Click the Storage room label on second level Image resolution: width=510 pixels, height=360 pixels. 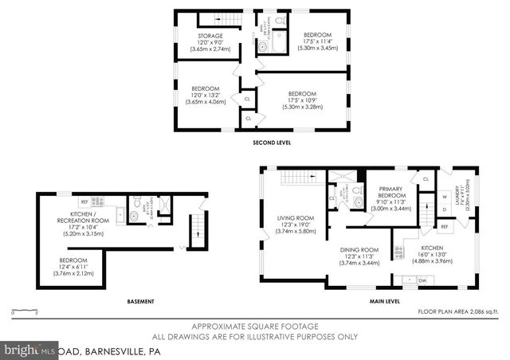[x=210, y=42]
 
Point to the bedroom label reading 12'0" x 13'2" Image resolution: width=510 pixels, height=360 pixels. [x=205, y=95]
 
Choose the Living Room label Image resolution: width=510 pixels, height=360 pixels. [x=296, y=224]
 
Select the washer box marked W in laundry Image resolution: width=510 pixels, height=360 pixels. [x=445, y=198]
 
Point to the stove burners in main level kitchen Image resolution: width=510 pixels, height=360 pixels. [x=409, y=280]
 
